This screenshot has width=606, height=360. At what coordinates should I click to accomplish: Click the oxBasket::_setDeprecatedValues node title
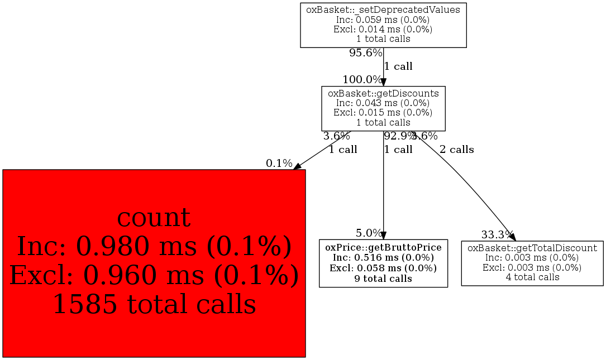383,9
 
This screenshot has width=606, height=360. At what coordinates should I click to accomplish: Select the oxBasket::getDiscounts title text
383,93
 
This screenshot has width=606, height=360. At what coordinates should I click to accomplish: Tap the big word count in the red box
154,218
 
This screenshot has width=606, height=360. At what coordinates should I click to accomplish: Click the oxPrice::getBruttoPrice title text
383,247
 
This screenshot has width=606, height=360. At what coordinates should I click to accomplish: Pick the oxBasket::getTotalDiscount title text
532,248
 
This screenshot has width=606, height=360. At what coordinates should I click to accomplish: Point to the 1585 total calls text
154,304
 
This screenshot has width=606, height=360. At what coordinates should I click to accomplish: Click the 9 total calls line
383,279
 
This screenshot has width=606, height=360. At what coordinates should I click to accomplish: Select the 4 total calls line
532,277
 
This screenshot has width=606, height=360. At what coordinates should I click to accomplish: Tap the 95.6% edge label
366,53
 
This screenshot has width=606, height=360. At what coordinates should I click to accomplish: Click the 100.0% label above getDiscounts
362,80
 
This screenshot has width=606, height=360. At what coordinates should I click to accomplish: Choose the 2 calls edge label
456,150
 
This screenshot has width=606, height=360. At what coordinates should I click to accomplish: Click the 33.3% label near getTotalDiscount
498,234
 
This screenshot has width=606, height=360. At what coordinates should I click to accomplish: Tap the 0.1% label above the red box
279,164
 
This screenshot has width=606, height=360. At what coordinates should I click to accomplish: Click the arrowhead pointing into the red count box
298,166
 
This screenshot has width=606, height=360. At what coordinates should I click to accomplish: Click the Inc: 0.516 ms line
383,258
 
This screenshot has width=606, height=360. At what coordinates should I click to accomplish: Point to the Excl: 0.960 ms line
154,275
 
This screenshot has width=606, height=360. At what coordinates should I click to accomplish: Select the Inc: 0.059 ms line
383,20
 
